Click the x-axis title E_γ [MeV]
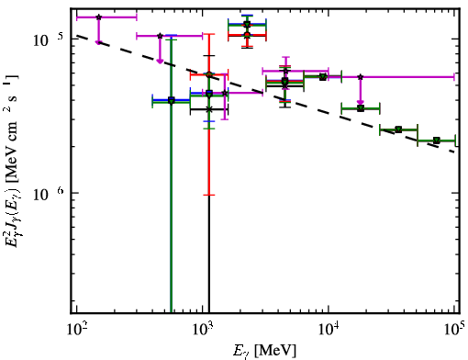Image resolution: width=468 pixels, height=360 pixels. coord(264,351)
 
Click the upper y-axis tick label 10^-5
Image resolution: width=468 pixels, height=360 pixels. coord(49,39)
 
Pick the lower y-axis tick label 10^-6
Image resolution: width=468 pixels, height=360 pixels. coord(49,193)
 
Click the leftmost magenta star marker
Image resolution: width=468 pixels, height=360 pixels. coord(98,17)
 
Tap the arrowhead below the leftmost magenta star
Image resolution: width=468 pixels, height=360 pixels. coord(98,42)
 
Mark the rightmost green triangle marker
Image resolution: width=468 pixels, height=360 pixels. coord(437,141)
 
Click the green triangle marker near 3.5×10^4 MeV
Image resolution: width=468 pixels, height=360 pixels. coord(398,129)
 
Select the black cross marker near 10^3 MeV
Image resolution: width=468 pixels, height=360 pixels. coord(209,109)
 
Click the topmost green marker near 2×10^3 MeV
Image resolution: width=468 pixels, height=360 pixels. coord(248,25)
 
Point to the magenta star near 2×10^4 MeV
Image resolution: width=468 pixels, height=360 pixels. coord(361,77)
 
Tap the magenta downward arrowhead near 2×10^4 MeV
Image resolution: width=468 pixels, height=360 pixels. coord(361,103)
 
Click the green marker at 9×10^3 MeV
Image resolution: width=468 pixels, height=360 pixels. coord(323,77)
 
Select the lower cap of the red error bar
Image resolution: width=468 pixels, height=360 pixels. coord(209,195)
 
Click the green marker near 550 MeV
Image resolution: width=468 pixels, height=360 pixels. coord(172,100)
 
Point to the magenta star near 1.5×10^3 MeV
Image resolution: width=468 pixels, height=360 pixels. coord(225,93)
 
